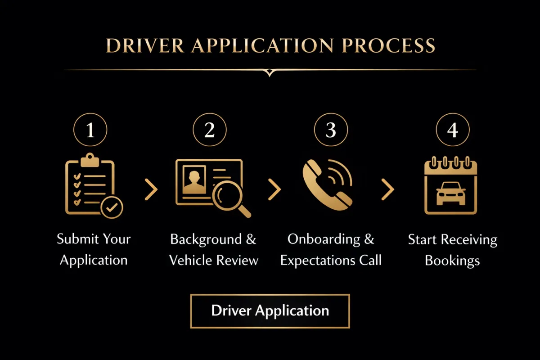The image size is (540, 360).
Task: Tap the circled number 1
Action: pyautogui.click(x=90, y=130)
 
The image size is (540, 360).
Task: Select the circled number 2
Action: pyautogui.click(x=210, y=130)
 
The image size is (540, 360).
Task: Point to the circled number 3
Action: pyautogui.click(x=331, y=130)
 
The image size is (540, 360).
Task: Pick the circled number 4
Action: pyautogui.click(x=453, y=130)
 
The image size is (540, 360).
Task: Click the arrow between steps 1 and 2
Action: pyautogui.click(x=151, y=189)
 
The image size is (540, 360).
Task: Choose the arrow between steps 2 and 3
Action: pyautogui.click(x=274, y=189)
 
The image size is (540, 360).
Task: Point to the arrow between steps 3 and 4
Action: pyautogui.click(x=387, y=189)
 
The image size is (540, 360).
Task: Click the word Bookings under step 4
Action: pyautogui.click(x=452, y=260)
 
